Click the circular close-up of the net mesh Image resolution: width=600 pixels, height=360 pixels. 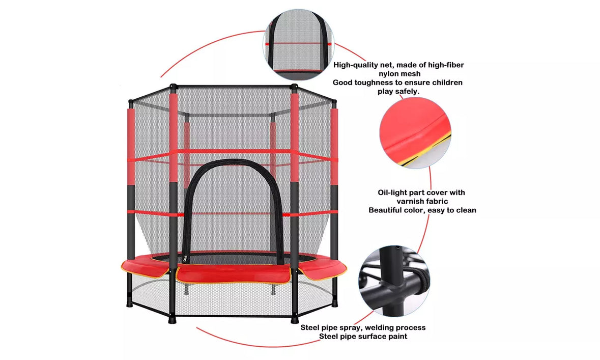[298, 44]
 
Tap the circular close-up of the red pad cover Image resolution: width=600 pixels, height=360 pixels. [415, 132]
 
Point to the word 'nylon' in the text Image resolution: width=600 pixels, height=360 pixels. [390, 74]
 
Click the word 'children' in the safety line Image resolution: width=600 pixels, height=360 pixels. [447, 82]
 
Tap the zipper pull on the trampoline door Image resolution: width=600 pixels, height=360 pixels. [186, 259]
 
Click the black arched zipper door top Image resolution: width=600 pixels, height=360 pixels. [234, 162]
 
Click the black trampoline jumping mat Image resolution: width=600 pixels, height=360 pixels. [234, 258]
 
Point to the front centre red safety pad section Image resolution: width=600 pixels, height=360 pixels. [234, 274]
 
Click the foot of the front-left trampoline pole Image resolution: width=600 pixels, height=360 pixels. [172, 319]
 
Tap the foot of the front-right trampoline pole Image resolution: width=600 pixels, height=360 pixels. [294, 319]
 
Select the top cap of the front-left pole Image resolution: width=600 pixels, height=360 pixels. [174, 87]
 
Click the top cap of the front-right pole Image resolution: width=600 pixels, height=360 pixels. [294, 87]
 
